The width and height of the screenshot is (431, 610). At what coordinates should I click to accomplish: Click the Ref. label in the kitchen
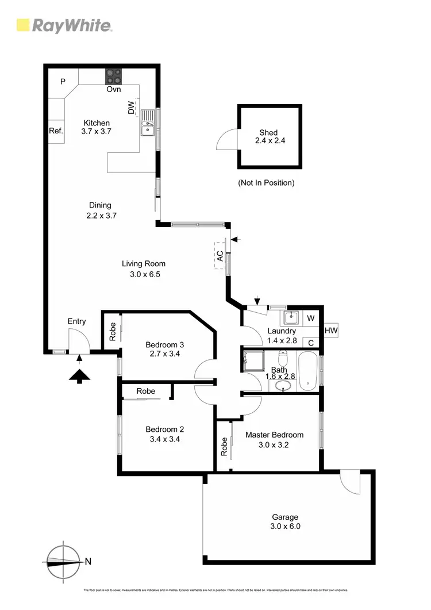pos(56,131)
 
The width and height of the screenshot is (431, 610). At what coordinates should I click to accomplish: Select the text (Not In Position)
pos(266,183)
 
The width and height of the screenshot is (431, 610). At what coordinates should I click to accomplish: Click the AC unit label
pos(220,256)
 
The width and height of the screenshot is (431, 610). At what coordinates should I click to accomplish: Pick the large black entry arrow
pos(80,376)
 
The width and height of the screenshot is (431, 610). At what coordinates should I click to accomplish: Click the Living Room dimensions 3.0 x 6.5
pos(144,274)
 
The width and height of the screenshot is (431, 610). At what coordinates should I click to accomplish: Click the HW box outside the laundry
pos(330,331)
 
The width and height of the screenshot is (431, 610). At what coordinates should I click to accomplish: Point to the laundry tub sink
pos(291,317)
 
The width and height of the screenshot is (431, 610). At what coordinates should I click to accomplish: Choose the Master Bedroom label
pos(274,435)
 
